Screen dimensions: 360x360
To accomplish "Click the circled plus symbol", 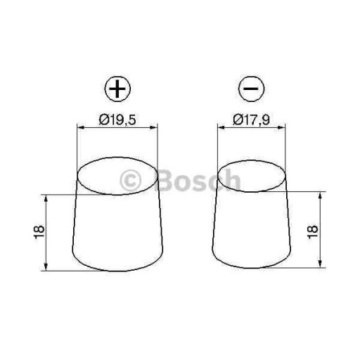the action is point(117,89).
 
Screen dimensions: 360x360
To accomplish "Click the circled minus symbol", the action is point(251,89).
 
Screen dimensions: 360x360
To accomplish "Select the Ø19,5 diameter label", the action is point(117,120).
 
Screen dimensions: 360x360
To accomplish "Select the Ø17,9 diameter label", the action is point(251,120).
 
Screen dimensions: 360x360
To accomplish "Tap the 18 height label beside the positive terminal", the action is point(39,232).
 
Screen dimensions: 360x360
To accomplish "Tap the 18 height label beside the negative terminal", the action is point(312,232).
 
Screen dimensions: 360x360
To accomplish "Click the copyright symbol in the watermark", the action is point(131,181).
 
